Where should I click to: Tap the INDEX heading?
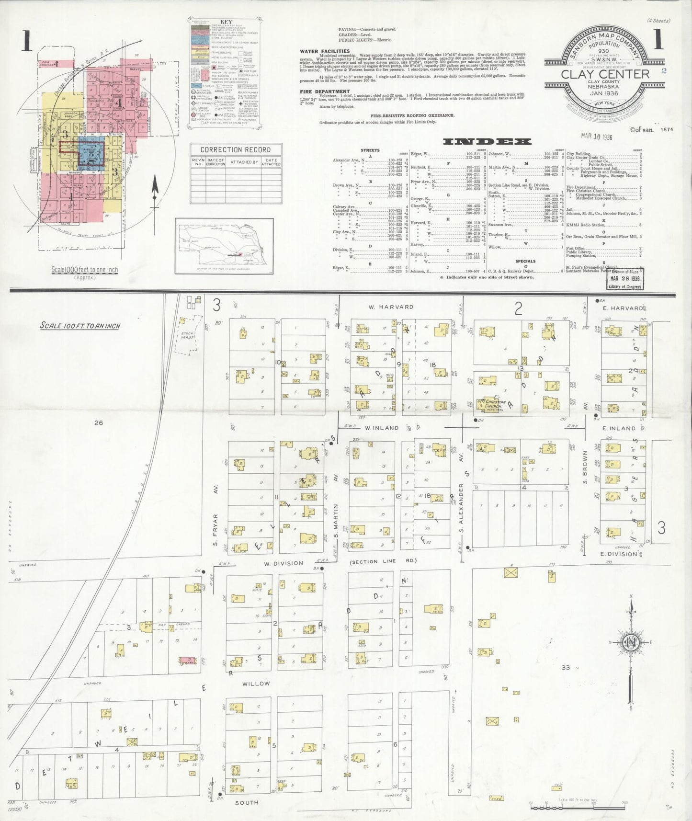point(487,141)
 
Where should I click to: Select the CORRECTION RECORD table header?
point(236,149)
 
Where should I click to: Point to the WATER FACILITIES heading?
point(325,51)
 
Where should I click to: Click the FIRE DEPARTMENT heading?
point(325,91)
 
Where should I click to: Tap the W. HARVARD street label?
point(397,307)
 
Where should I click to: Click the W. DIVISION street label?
point(284,563)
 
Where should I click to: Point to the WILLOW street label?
point(256,684)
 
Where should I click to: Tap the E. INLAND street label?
point(618,428)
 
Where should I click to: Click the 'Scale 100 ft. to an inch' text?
point(80,326)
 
